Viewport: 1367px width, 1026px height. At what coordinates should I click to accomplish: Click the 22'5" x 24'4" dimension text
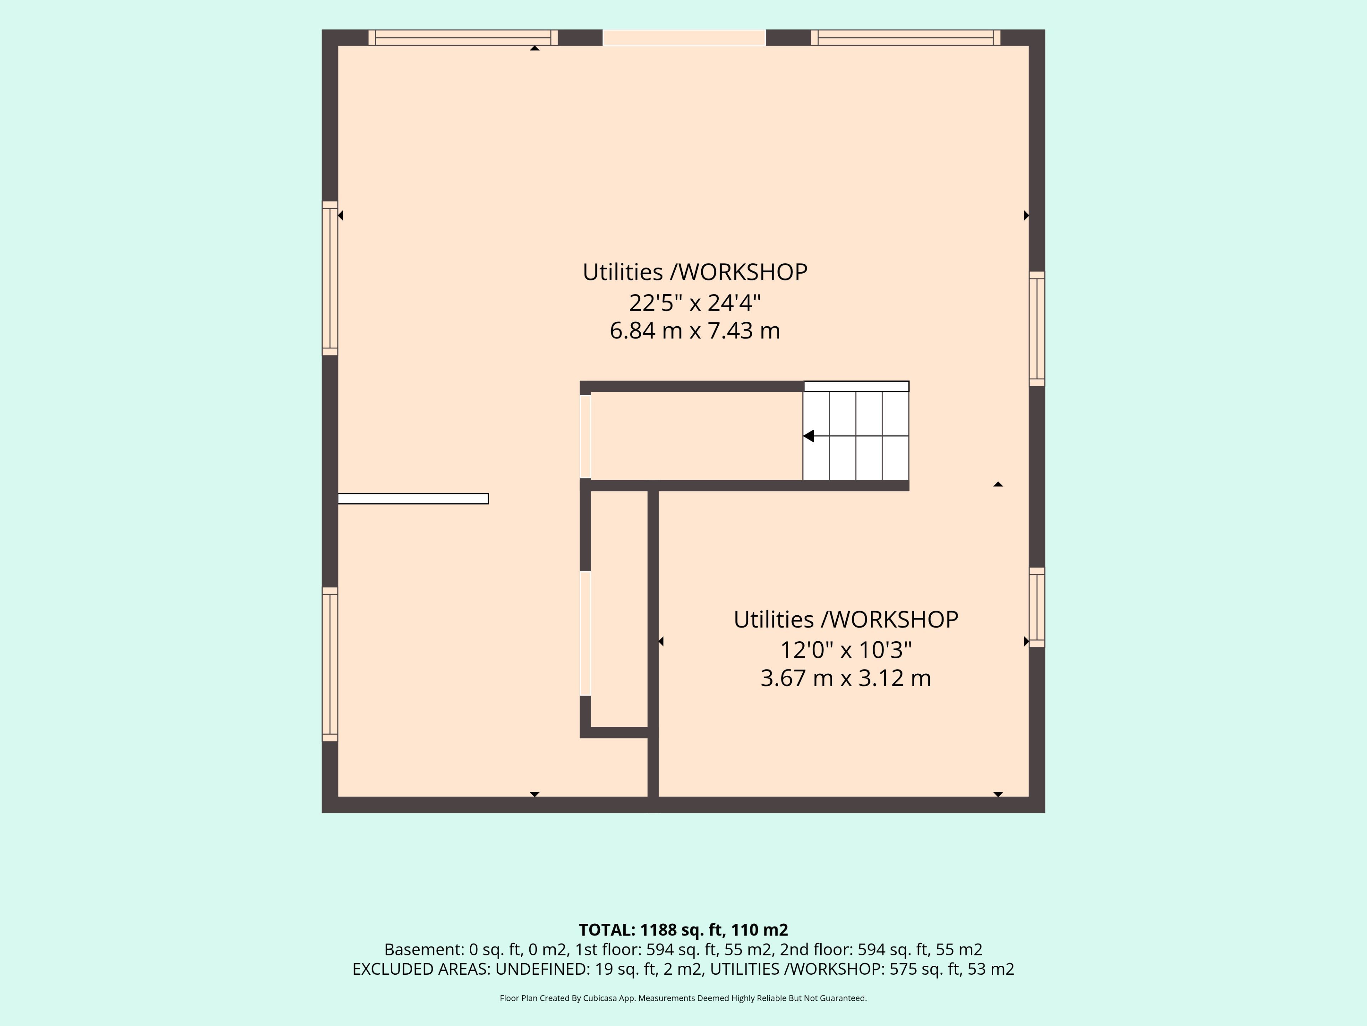[x=695, y=302]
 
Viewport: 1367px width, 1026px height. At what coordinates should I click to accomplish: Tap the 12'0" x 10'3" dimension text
[x=845, y=650]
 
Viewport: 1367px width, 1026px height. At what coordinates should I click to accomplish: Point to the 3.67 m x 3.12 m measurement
[x=845, y=678]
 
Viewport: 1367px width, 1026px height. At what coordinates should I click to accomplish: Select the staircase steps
[x=856, y=436]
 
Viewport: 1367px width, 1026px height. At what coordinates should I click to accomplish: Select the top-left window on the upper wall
[x=463, y=38]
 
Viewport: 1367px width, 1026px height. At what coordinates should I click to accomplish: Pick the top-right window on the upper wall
[x=905, y=38]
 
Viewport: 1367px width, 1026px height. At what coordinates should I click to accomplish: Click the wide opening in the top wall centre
[x=684, y=38]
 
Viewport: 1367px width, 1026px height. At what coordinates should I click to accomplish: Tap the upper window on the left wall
[x=330, y=278]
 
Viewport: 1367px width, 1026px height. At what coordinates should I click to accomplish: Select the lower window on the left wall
[x=330, y=664]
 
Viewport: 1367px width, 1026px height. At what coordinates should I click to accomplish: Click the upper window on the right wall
[x=1037, y=329]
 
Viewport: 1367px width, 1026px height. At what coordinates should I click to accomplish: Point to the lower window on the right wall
[x=1037, y=607]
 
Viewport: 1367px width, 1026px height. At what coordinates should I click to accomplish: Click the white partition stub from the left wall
[x=413, y=498]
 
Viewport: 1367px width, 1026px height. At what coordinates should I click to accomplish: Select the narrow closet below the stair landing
[x=619, y=609]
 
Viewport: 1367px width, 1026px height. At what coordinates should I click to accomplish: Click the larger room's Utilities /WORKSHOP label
[x=695, y=272]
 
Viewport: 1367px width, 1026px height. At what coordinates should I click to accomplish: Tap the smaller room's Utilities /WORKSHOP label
[x=845, y=620]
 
